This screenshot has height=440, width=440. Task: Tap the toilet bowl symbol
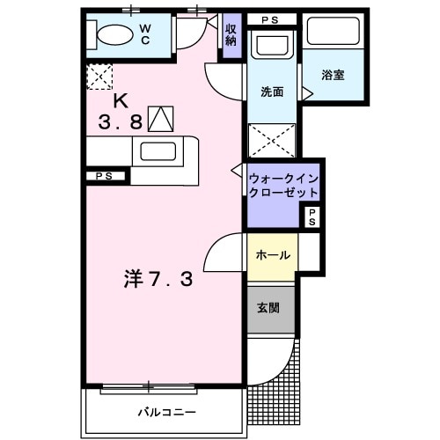pyautogui.click(x=114, y=36)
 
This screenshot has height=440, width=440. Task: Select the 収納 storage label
pyautogui.click(x=231, y=36)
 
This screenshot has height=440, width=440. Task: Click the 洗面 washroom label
pyautogui.click(x=271, y=91)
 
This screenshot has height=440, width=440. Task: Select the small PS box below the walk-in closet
pyautogui.click(x=312, y=217)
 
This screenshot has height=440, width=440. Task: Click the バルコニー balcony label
pyautogui.click(x=165, y=412)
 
